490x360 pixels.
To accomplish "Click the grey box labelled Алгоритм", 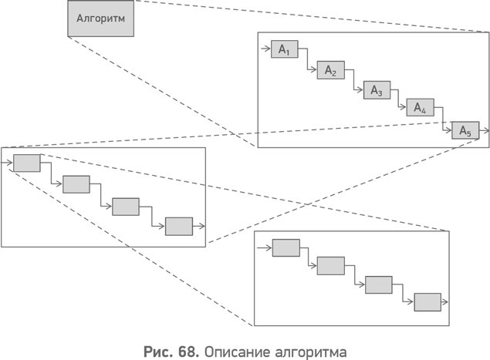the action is click(x=101, y=19).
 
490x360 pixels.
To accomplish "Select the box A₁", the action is click(x=285, y=49).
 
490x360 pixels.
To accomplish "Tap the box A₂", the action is click(x=331, y=70).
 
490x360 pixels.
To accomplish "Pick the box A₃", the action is click(x=377, y=90).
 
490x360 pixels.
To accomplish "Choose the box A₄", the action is click(x=421, y=107).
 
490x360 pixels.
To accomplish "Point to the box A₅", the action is click(x=465, y=130).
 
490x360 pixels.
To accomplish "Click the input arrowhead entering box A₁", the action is click(x=268, y=49).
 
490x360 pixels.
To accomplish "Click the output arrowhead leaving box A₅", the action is click(x=486, y=130).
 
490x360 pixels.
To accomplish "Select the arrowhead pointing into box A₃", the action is click(x=360, y=90).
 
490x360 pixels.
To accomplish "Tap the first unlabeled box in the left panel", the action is click(x=27, y=163).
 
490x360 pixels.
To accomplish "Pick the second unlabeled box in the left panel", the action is click(x=76, y=184).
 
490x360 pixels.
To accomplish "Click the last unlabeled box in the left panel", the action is click(x=179, y=227).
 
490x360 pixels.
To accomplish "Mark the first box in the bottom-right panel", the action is click(x=286, y=248).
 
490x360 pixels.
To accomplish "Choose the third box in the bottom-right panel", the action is click(x=379, y=284).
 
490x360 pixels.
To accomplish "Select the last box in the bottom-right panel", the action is click(x=427, y=302).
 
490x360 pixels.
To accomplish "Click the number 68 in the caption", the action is click(x=188, y=352).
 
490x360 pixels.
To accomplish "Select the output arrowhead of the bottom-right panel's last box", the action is click(x=444, y=302).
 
